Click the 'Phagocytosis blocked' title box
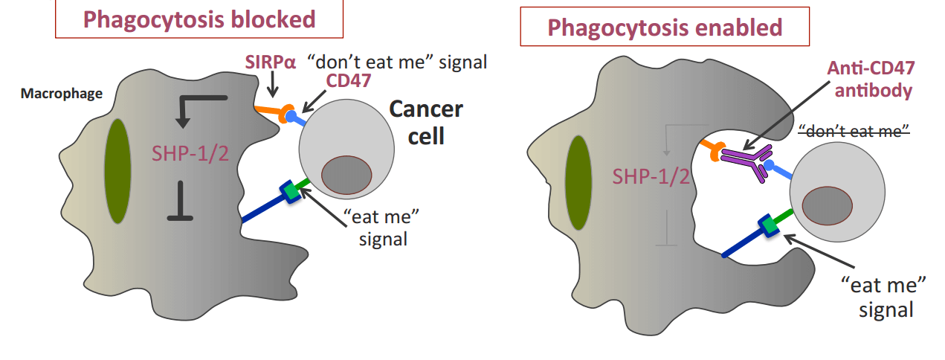(x=200, y=19)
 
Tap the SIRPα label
(x=270, y=62)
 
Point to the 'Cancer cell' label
(x=426, y=123)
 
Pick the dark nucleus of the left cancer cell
(x=346, y=173)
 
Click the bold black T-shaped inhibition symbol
(x=181, y=205)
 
